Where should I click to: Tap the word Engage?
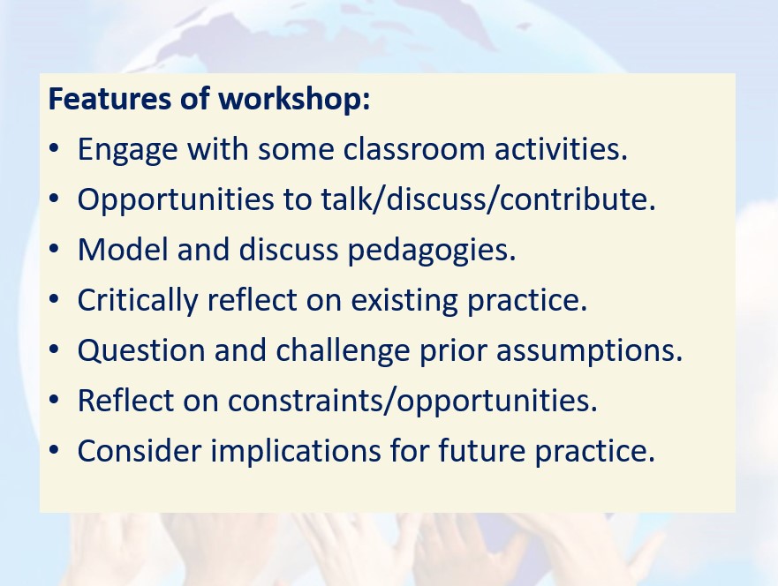point(127,150)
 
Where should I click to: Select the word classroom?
point(413,148)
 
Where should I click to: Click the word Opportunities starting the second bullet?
point(176,200)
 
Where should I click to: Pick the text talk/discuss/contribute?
point(488,199)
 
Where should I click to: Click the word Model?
point(123,249)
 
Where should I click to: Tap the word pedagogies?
point(432,251)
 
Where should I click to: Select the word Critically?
point(138,300)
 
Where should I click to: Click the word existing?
point(404,300)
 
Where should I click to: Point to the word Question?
point(141,351)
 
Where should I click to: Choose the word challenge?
point(343,351)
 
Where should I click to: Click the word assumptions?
point(589,351)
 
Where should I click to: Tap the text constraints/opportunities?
point(412,401)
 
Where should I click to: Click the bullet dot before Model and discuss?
point(54,249)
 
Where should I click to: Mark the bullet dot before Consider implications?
point(54,450)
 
